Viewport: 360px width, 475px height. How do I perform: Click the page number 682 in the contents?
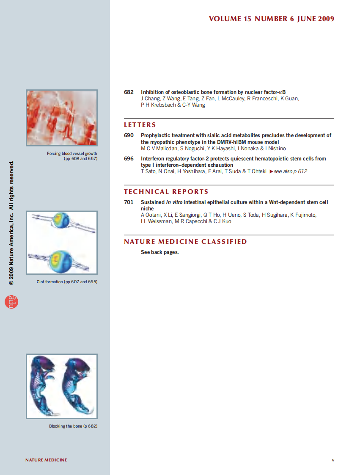[129, 92]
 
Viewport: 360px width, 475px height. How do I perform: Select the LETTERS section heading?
[140, 125]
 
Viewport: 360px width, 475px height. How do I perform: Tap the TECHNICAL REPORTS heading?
[166, 192]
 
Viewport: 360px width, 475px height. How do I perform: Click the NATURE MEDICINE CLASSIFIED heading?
[185, 242]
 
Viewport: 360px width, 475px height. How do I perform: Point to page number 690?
[129, 135]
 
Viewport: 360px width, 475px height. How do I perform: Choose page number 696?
[129, 159]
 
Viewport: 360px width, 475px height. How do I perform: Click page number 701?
[129, 202]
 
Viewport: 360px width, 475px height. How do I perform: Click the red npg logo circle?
[11, 301]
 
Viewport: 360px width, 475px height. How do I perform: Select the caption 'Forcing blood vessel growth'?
[72, 154]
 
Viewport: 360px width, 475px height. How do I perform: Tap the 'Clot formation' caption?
[67, 282]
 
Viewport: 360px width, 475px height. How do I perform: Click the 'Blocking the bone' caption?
[73, 426]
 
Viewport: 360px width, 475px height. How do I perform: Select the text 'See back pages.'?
[159, 252]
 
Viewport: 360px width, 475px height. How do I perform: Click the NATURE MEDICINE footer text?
[46, 460]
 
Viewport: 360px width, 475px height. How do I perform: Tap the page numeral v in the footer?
[333, 460]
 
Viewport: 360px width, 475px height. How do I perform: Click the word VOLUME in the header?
[225, 19]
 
